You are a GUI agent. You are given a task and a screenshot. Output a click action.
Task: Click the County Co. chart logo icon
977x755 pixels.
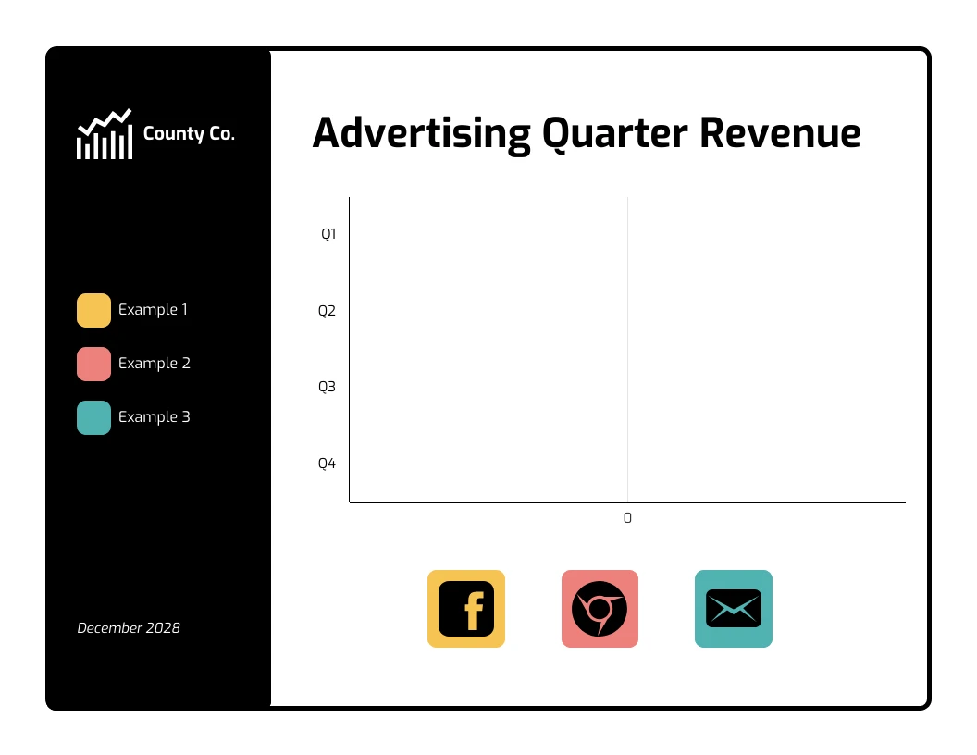[x=104, y=134]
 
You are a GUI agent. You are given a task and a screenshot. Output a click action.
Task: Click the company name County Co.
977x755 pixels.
[x=189, y=134]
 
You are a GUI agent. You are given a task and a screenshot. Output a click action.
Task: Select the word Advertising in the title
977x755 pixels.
[x=421, y=133]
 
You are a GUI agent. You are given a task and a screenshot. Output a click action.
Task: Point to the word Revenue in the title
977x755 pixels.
[x=780, y=133]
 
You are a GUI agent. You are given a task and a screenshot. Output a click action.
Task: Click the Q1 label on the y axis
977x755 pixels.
[x=328, y=234]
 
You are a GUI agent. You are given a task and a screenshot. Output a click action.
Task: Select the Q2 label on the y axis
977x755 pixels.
[x=327, y=311]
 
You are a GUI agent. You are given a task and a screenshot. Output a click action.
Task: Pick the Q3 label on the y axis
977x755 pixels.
[x=327, y=387]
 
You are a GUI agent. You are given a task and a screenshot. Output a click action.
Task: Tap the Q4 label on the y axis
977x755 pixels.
[x=327, y=464]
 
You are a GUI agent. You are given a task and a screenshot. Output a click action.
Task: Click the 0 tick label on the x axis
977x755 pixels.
[x=627, y=518]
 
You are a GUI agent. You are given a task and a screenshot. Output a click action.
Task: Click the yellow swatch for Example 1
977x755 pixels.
[x=93, y=310]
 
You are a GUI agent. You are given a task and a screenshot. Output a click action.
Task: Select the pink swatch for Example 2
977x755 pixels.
[x=93, y=364]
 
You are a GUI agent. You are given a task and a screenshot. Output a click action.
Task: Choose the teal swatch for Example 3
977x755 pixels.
[x=93, y=417]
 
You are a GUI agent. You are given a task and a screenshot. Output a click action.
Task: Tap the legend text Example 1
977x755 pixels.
[x=153, y=310]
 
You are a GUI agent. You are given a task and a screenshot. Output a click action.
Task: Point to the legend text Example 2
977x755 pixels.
[x=154, y=364]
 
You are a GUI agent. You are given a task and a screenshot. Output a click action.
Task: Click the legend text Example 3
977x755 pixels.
[x=154, y=417]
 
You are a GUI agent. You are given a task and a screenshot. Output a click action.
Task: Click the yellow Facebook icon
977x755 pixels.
[x=466, y=609]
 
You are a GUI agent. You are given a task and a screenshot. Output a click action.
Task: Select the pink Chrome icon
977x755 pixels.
[x=600, y=609]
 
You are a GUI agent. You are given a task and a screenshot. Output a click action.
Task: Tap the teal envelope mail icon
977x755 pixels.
[x=734, y=609]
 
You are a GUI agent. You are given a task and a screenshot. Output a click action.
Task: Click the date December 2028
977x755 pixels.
[x=129, y=628]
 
